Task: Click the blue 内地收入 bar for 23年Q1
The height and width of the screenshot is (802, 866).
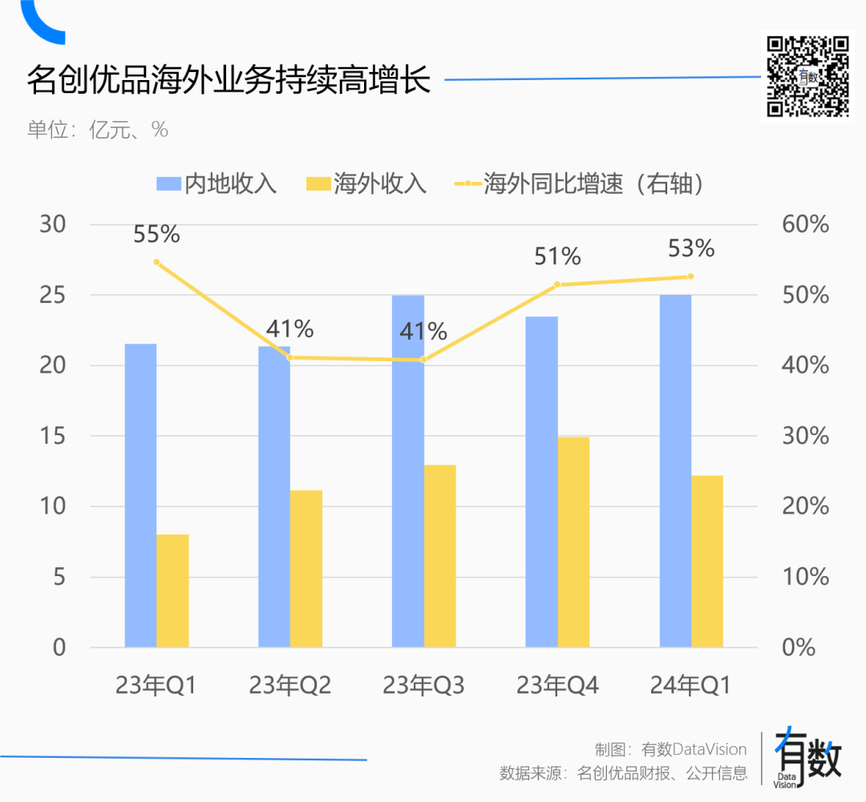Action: coord(141,495)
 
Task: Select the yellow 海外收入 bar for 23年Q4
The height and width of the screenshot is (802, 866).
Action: coord(573,542)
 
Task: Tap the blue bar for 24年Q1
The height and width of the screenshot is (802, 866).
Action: coord(675,471)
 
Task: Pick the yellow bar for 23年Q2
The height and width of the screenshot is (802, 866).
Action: coord(306,569)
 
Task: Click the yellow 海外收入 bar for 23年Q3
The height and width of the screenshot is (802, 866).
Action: coord(439,556)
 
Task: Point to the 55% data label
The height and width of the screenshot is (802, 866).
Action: coord(156,234)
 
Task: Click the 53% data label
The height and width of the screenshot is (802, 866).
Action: coord(691,248)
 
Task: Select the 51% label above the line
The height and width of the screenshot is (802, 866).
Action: coord(557,256)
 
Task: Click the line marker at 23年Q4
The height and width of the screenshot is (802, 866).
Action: coord(557,284)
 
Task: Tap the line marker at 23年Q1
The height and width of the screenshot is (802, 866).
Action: coord(156,262)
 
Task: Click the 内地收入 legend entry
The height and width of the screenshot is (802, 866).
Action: coord(216,183)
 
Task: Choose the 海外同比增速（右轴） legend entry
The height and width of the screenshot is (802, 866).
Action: coord(580,183)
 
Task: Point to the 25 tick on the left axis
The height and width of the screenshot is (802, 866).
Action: coord(52,296)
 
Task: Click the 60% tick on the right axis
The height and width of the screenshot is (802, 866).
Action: coord(805,224)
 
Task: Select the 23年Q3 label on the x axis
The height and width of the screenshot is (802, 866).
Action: coord(423,685)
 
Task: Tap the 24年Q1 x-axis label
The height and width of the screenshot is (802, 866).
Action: coord(690,685)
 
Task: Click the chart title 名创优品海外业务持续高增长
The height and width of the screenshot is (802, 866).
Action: coord(229,79)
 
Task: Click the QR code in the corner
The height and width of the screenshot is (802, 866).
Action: coord(807,77)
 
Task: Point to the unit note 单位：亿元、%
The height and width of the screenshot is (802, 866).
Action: coord(98,130)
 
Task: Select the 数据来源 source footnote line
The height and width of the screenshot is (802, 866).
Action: coord(624,772)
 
